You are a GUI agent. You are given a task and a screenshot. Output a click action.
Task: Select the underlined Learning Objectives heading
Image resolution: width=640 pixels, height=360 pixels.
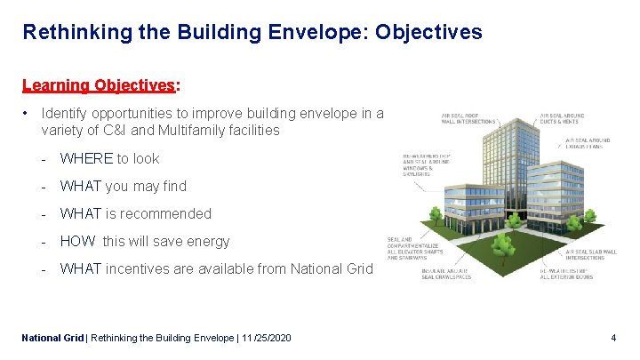coord(100,86)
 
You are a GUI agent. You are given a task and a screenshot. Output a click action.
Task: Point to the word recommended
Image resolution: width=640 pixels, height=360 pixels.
coord(170,213)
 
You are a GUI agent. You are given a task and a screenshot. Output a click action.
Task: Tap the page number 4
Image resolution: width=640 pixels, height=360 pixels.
coord(613,338)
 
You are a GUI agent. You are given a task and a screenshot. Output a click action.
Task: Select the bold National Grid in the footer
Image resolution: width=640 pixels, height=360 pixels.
coord(52,338)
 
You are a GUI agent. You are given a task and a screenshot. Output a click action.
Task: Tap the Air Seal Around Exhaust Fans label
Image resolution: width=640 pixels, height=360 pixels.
coord(587,143)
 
